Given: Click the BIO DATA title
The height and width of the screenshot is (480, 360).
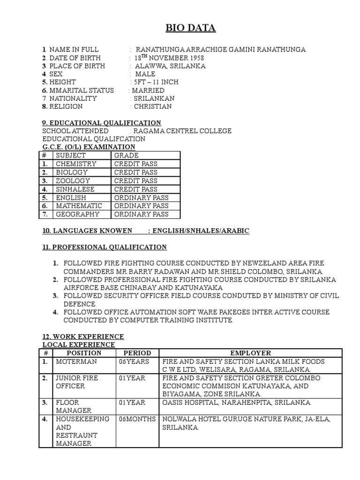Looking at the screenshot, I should coord(190,29).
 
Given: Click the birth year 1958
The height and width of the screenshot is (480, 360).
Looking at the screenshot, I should coord(194,58).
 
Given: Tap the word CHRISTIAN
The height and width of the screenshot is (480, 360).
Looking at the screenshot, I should coord(153,106).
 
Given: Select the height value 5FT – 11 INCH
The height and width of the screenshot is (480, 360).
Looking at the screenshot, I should coord(156,82).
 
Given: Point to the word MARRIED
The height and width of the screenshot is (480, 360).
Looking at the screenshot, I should coord(148,90).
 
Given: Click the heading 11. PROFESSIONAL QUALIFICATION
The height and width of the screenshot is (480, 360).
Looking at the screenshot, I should coord(105,247).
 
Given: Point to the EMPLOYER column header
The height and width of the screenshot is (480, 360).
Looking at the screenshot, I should coord(250,353).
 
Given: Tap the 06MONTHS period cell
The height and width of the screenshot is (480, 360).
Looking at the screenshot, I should coord(136,419).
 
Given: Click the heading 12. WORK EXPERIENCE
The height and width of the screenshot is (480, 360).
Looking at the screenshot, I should coord(83,337).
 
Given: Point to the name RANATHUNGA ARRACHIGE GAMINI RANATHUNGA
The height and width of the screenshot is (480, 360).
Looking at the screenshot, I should coord(220,50).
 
